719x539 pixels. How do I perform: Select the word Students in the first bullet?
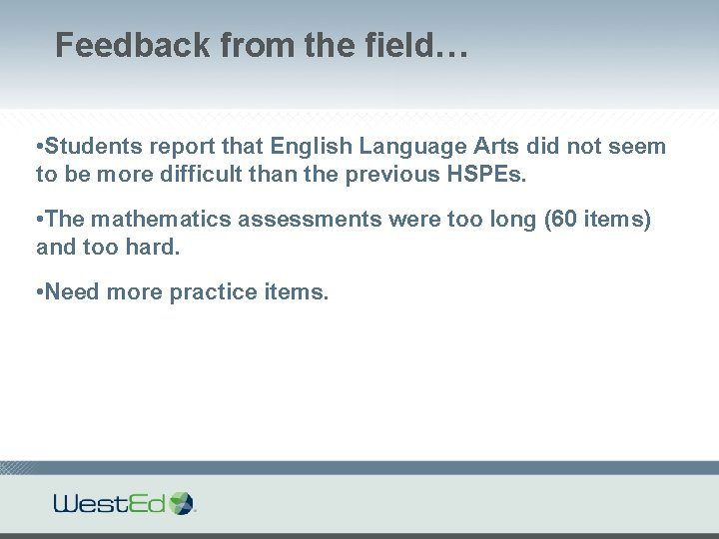click(x=96, y=147)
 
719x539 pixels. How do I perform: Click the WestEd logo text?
click(x=110, y=503)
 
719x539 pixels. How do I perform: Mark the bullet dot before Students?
click(x=39, y=148)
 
